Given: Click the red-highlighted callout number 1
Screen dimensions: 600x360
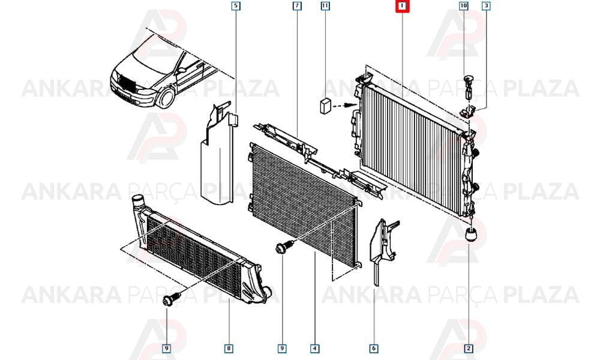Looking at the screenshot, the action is [402, 6].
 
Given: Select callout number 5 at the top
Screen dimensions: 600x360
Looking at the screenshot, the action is [236, 6].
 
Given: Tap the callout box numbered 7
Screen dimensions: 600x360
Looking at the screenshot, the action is [297, 6].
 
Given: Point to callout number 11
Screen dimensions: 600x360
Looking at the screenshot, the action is [325, 6].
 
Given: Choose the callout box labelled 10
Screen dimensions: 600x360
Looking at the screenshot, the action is [463, 6].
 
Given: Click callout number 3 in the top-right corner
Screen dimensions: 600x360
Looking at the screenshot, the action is [486, 6].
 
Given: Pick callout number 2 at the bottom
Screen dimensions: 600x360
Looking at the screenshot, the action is [469, 348].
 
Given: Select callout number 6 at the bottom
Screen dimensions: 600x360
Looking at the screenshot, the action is [374, 348].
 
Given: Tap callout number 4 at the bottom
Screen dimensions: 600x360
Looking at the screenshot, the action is [314, 348].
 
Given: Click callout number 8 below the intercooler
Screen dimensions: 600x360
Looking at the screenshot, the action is [229, 348].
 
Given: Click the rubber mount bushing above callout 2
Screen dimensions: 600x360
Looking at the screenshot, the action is [471, 234].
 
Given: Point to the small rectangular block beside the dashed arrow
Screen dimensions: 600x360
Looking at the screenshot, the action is [325, 106].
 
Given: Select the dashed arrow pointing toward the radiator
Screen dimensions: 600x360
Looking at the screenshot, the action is [345, 104].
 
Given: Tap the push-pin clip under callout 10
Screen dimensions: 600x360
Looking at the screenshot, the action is [468, 86].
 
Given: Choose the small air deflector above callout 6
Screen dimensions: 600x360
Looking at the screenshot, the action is [383, 248].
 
